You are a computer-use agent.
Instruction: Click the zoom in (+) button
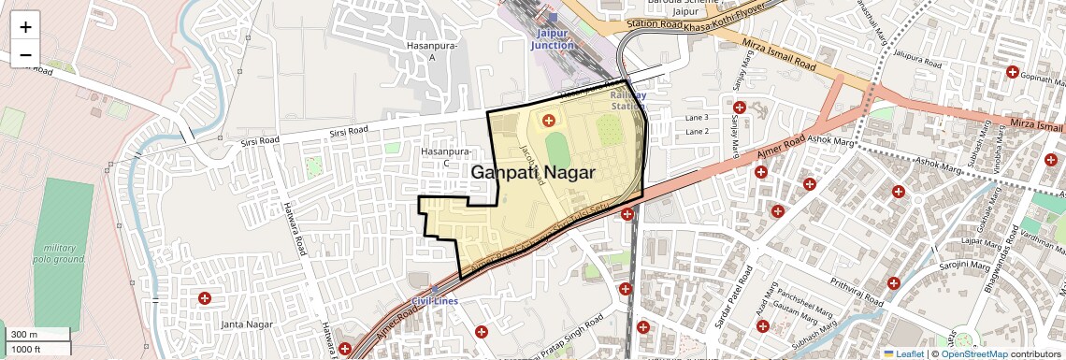point(25,27)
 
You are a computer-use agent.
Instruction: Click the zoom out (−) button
point(25,54)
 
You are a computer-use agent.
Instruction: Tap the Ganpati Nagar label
point(532,172)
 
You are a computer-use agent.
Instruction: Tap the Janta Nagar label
point(246,324)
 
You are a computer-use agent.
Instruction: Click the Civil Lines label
point(435,301)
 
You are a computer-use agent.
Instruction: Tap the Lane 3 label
point(697,118)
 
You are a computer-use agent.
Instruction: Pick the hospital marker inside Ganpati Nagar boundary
point(548,120)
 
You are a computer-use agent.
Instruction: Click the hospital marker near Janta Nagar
point(204,298)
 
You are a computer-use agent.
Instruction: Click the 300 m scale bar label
point(25,335)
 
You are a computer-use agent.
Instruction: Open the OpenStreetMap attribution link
point(974,354)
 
